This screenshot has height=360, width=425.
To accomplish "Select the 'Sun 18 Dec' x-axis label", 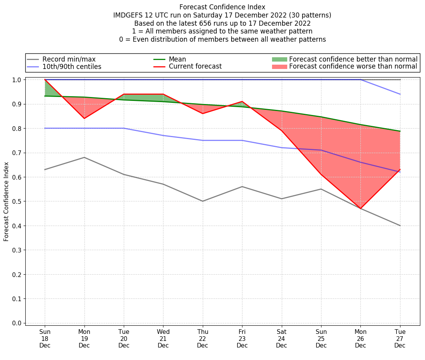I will (x=45, y=338).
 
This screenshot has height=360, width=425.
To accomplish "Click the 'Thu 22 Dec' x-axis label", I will (x=202, y=338).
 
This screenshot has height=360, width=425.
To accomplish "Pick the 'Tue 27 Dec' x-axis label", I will (x=400, y=338).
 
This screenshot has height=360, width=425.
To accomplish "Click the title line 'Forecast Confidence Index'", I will (x=222, y=7).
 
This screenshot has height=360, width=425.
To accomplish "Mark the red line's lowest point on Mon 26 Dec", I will (x=361, y=209).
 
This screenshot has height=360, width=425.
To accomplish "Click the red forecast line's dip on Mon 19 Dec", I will (x=84, y=118).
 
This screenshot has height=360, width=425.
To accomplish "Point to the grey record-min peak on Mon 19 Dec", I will (x=84, y=157).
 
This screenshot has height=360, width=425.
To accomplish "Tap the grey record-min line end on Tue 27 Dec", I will (x=400, y=226).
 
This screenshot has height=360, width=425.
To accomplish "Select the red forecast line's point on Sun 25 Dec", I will (x=321, y=174).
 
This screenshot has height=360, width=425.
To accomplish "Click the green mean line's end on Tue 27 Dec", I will (x=400, y=131).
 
